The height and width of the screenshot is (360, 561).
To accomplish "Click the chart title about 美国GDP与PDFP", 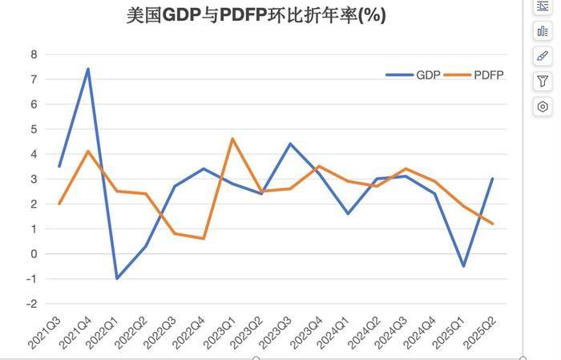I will tap(256, 16).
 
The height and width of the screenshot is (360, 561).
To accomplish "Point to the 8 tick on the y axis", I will tap(33, 55).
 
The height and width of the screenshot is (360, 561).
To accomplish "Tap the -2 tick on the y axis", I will tap(31, 304).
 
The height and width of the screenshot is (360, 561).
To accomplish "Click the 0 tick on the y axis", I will tap(33, 254).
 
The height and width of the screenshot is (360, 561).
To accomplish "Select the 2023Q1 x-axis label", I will tap(223, 333).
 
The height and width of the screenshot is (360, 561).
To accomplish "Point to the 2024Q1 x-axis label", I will tap(338, 333).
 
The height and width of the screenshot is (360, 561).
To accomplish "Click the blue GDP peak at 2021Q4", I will tap(88, 69).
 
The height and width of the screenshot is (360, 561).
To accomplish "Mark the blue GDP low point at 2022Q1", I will tap(117, 278).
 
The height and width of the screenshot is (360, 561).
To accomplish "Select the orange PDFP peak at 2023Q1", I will tap(232, 139).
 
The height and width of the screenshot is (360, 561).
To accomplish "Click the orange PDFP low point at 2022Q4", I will tap(204, 238).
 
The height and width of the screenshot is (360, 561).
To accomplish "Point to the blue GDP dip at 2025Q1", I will tap(463, 266).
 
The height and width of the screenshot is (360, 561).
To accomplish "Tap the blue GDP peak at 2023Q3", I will tap(290, 144).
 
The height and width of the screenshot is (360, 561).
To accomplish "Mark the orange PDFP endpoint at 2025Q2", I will tap(492, 224).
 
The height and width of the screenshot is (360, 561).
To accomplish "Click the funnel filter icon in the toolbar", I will tap(543, 81).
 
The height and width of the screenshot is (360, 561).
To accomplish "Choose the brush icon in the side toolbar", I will tap(543, 56).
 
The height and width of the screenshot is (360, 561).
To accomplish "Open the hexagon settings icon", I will tap(543, 106).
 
